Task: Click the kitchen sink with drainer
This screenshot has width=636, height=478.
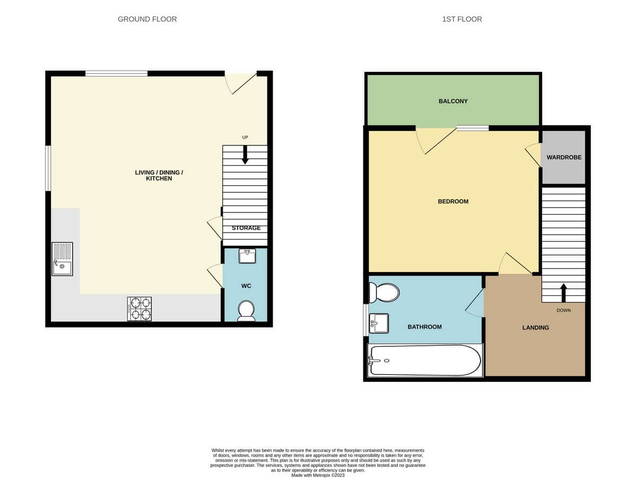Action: [x=62, y=259]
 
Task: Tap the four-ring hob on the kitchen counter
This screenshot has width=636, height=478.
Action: [x=140, y=309]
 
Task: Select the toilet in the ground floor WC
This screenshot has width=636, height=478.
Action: [x=246, y=311]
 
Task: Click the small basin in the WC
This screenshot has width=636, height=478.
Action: [x=247, y=256]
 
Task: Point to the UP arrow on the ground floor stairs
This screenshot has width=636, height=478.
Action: [x=245, y=155]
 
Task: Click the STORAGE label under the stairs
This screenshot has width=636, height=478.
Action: [x=246, y=228]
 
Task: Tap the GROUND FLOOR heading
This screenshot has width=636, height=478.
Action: [x=147, y=19]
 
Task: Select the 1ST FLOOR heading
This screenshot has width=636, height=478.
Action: [x=462, y=19]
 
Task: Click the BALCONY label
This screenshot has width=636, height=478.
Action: [x=453, y=101]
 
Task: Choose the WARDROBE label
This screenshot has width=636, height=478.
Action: [x=564, y=157]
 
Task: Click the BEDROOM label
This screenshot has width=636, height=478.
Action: [x=453, y=201]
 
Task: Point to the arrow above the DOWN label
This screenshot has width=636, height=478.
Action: [x=563, y=293]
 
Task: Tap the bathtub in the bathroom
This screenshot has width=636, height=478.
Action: [x=425, y=360]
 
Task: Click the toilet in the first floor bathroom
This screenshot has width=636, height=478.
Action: [x=384, y=293]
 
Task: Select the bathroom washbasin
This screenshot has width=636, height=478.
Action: [x=379, y=323]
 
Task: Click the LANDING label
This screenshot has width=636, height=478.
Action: [x=535, y=327]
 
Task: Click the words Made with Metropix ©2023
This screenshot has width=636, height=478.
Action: [x=318, y=475]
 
